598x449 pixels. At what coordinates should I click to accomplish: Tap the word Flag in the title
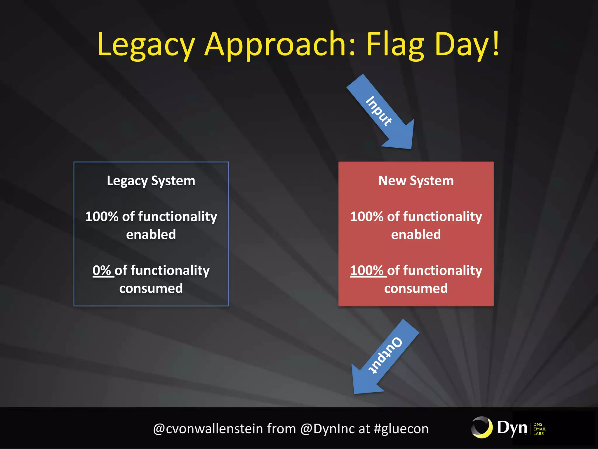pyautogui.click(x=395, y=45)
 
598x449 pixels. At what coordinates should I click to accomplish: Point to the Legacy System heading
pyautogui.click(x=151, y=181)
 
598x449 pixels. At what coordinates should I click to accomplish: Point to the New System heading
pyautogui.click(x=416, y=181)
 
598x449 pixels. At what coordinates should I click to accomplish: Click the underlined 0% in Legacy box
pyautogui.click(x=102, y=270)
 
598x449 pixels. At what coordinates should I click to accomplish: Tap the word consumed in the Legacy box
pyautogui.click(x=151, y=289)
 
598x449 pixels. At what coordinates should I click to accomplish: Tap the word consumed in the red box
pyautogui.click(x=416, y=289)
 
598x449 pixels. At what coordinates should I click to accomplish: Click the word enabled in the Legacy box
pyautogui.click(x=151, y=234)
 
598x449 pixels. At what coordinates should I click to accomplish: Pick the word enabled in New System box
pyautogui.click(x=416, y=234)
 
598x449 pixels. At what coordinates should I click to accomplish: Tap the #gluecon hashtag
pyautogui.click(x=401, y=429)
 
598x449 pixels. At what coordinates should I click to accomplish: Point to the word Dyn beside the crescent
pyautogui.click(x=512, y=428)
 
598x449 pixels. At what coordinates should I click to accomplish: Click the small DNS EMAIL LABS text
pyautogui.click(x=539, y=429)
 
